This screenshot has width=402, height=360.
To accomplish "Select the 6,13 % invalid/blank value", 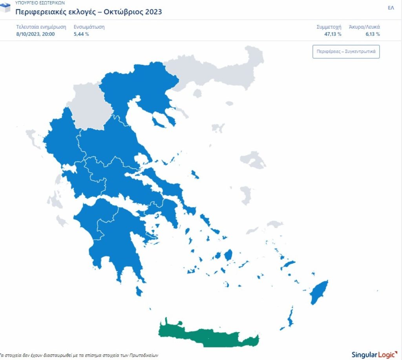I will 372,34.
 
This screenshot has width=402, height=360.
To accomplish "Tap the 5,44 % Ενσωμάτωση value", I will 81,34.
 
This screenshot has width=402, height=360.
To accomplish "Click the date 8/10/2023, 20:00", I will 35,34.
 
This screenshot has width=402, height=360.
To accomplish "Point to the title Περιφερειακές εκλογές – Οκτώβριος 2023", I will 88,12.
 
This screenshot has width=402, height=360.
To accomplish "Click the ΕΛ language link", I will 391,8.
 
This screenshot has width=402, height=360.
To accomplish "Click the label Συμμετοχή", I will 329,27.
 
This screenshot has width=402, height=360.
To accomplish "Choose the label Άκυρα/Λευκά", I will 364,27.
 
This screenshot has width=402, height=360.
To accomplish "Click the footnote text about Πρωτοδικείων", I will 79,355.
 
